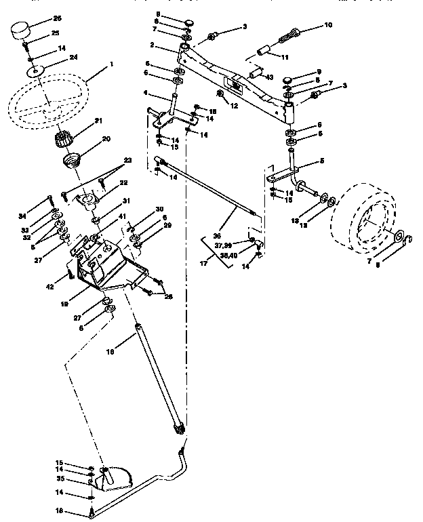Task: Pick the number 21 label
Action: tap(98, 121)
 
